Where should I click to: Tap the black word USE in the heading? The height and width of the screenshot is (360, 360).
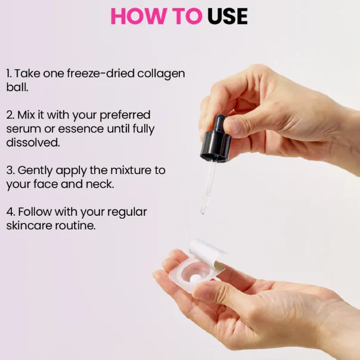[x=228, y=16]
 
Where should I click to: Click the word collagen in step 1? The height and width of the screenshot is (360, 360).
[x=161, y=74]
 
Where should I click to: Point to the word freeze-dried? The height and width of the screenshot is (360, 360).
[x=100, y=73]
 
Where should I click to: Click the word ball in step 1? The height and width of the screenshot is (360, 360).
[x=17, y=87]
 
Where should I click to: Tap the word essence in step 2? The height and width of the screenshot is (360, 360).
[x=80, y=129]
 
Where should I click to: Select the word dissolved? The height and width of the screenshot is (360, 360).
[x=33, y=142]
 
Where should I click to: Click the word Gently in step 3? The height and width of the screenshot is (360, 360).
[x=35, y=171]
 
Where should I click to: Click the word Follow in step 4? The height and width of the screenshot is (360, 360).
[x=35, y=212]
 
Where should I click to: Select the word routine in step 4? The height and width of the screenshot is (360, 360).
[x=75, y=225]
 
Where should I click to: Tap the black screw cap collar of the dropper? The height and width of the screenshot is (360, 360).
[x=216, y=147]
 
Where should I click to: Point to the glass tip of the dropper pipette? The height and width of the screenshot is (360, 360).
[x=203, y=210]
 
